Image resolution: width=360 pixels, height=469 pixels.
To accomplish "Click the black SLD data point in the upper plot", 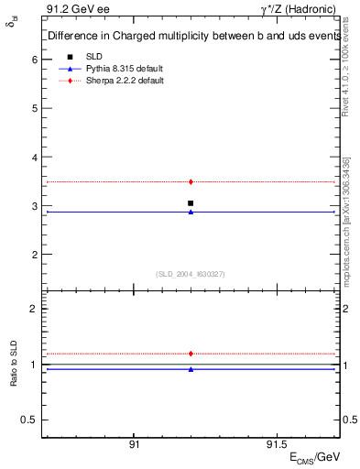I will pyautogui.click(x=191, y=203).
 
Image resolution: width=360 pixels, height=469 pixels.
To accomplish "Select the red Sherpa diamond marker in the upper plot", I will pyautogui.click(x=191, y=182).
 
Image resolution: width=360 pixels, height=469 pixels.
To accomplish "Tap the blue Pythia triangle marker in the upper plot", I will pyautogui.click(x=191, y=212).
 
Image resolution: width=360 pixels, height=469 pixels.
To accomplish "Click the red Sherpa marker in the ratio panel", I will pyautogui.click(x=191, y=354).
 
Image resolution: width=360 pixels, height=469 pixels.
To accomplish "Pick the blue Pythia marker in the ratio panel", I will pyautogui.click(x=191, y=369).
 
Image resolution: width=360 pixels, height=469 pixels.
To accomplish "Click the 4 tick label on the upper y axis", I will pyautogui.click(x=34, y=158).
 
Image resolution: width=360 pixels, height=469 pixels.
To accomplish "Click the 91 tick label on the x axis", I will pyautogui.click(x=134, y=443).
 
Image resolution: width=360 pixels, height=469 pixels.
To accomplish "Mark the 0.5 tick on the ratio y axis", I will pyautogui.click(x=30, y=420).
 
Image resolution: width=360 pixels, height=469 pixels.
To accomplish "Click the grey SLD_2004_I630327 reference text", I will pyautogui.click(x=191, y=273).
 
